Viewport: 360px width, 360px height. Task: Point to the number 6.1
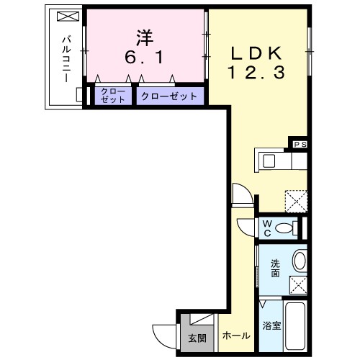pyautogui.click(x=143, y=55)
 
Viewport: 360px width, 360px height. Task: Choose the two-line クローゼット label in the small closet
pyautogui.click(x=112, y=95)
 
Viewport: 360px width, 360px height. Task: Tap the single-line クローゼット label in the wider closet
pyautogui.click(x=168, y=96)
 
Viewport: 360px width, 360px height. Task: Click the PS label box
pyautogui.click(x=300, y=144)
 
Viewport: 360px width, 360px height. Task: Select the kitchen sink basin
pyautogui.click(x=269, y=160)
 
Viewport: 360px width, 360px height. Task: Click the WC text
pyautogui.click(x=266, y=228)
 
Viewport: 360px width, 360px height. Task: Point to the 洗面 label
pyautogui.click(x=275, y=268)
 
